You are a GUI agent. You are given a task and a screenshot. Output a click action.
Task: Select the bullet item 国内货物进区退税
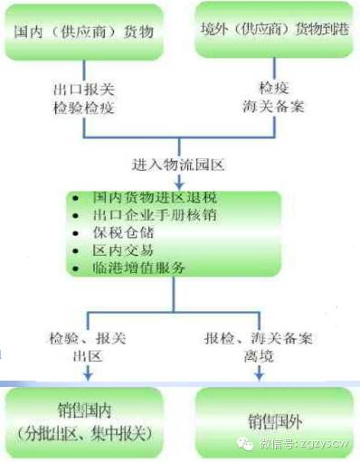[154, 197]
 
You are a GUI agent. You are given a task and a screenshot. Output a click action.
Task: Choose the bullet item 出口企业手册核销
[154, 214]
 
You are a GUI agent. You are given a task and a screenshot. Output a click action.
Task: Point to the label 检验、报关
[85, 337]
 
